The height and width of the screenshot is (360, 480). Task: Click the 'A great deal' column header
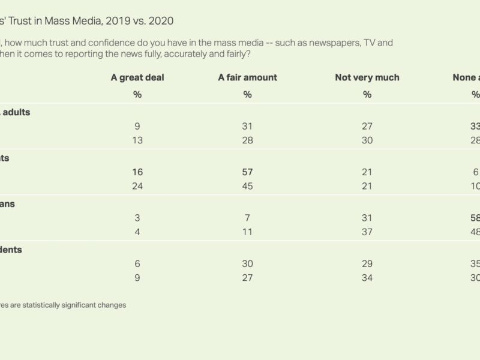tap(137, 77)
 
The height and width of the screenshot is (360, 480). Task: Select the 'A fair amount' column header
tap(247, 77)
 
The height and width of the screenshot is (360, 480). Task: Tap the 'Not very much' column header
tap(367, 77)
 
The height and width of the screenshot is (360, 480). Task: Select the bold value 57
tap(247, 172)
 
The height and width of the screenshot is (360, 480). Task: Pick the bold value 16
tap(137, 172)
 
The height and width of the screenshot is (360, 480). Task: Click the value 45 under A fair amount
tap(247, 186)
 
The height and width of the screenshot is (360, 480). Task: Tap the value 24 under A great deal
tap(137, 186)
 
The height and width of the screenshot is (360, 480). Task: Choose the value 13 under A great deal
tap(137, 140)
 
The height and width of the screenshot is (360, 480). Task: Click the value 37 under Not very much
tap(367, 232)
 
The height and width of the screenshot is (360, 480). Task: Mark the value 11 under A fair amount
tap(247, 232)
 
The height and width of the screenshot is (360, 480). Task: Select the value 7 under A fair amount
tap(247, 218)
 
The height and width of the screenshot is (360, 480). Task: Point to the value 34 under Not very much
tap(367, 278)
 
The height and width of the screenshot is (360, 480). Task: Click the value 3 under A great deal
tap(137, 218)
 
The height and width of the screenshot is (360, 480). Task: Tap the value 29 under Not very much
tap(367, 264)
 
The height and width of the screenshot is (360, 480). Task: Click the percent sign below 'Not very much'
tap(367, 94)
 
